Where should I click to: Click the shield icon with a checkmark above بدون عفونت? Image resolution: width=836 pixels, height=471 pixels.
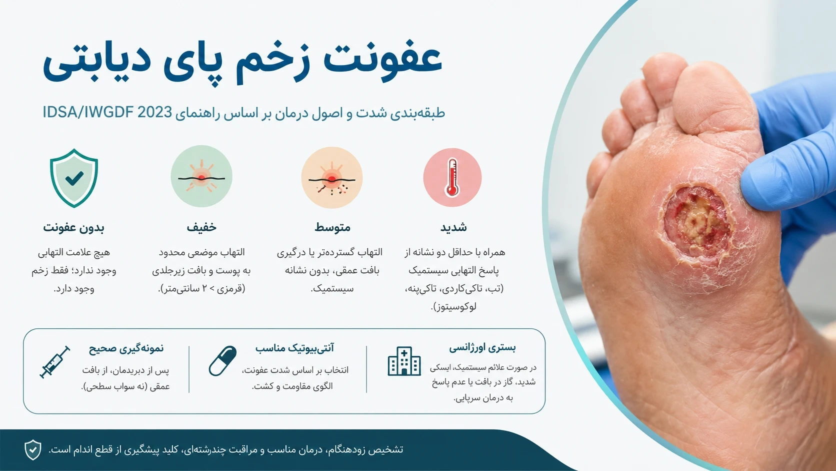pyautogui.click(x=74, y=178)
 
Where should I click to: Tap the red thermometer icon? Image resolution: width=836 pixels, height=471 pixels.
pyautogui.click(x=452, y=177)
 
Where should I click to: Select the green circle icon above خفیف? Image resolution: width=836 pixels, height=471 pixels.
pyautogui.click(x=201, y=176)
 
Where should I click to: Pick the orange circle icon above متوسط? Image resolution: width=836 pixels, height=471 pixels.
pyautogui.click(x=332, y=177)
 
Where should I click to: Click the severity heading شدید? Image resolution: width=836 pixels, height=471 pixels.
pyautogui.click(x=453, y=227)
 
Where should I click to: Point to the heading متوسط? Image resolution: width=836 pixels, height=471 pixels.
pyautogui.click(x=332, y=227)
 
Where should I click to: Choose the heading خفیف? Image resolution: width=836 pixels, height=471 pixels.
pyautogui.click(x=201, y=227)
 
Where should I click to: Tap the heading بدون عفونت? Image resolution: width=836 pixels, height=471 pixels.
pyautogui.click(x=73, y=227)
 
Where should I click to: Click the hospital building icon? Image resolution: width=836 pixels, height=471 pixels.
pyautogui.click(x=404, y=361)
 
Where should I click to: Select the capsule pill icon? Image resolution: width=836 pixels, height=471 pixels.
pyautogui.click(x=223, y=360)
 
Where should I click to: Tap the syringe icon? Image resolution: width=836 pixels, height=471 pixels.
pyautogui.click(x=55, y=362)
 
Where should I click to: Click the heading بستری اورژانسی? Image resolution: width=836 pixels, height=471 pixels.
pyautogui.click(x=482, y=347)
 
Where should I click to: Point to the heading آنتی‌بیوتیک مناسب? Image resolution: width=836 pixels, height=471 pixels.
pyautogui.click(x=294, y=348)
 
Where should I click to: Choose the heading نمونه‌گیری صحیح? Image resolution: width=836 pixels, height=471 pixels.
pyautogui.click(x=126, y=348)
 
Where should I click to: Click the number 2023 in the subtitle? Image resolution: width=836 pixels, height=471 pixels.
pyautogui.click(x=154, y=112)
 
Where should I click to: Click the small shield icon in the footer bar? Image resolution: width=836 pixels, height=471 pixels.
pyautogui.click(x=33, y=449)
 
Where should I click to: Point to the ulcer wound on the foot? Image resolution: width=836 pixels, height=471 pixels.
pyautogui.click(x=697, y=225)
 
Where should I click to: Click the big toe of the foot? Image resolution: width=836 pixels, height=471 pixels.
pyautogui.click(x=711, y=99)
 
